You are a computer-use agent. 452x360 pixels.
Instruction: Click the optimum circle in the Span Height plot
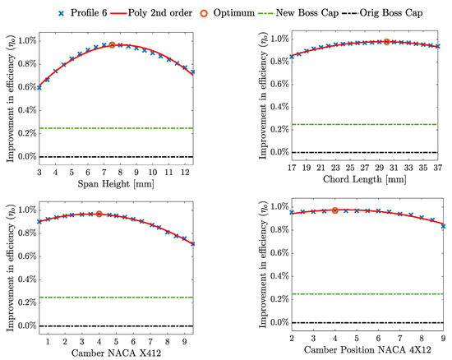point(112,44)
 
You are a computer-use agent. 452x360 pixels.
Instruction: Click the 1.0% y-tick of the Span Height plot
point(23,40)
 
